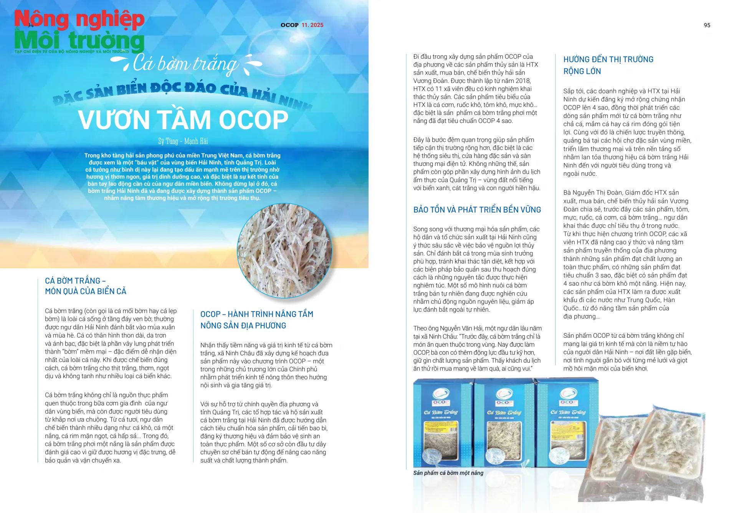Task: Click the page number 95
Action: click(x=707, y=25)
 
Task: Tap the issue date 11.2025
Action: click(x=312, y=25)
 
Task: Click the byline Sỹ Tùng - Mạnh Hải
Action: click(x=183, y=141)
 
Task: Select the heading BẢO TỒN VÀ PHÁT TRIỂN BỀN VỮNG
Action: click(x=477, y=210)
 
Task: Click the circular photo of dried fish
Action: click(x=284, y=251)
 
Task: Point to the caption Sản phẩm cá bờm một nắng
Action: click(x=448, y=473)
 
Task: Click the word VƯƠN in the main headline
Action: click(x=113, y=120)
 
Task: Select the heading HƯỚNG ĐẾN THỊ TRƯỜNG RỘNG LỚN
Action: click(x=608, y=65)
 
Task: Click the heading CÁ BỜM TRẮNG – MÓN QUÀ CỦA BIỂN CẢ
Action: click(x=85, y=286)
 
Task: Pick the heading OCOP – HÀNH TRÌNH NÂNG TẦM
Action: click(x=256, y=314)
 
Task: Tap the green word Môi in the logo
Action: click(x=37, y=41)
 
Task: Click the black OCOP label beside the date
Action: click(x=289, y=25)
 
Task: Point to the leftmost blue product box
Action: click(x=442, y=423)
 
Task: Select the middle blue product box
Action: click(x=504, y=423)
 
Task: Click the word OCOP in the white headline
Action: click(x=253, y=120)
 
